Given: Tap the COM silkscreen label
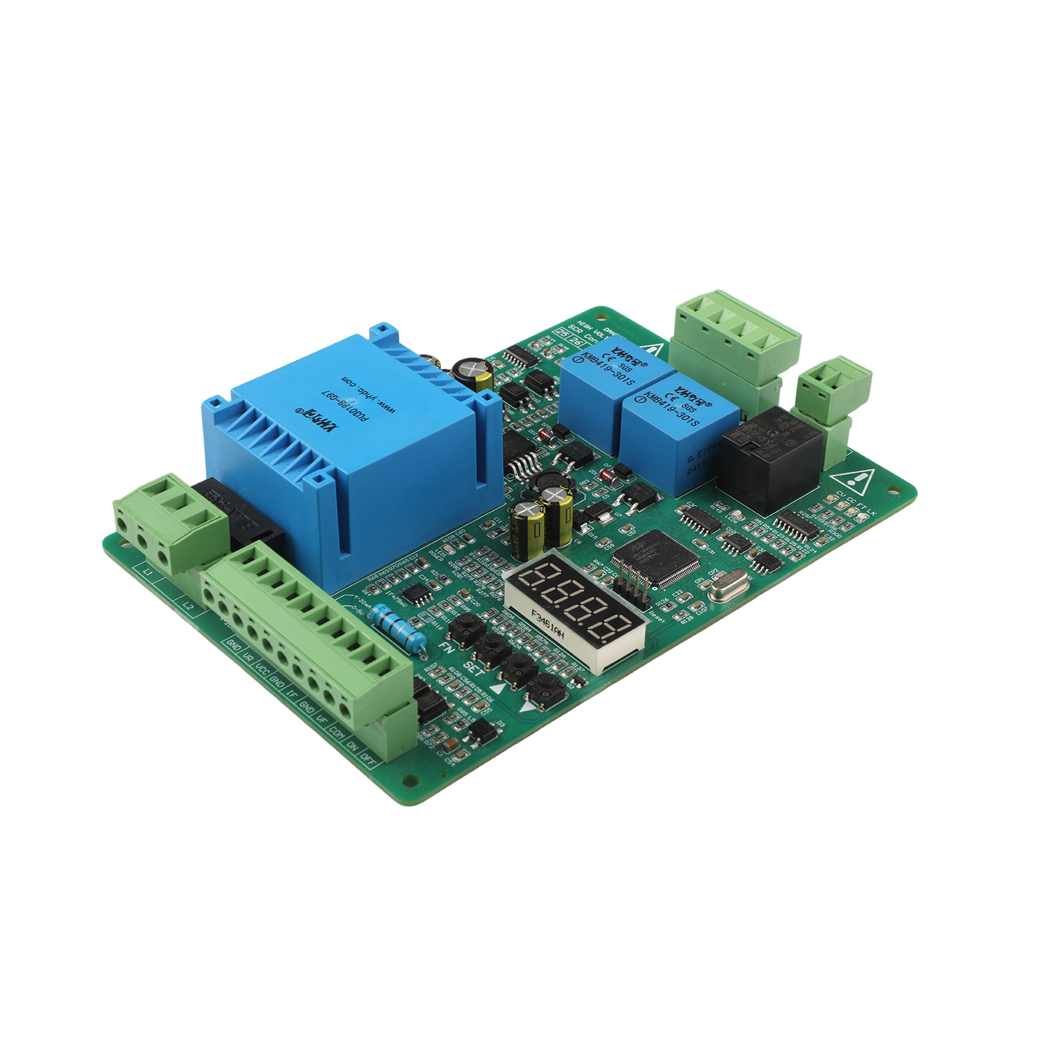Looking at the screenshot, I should click(337, 733).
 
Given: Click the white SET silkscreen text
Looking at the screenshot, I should click(474, 668).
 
